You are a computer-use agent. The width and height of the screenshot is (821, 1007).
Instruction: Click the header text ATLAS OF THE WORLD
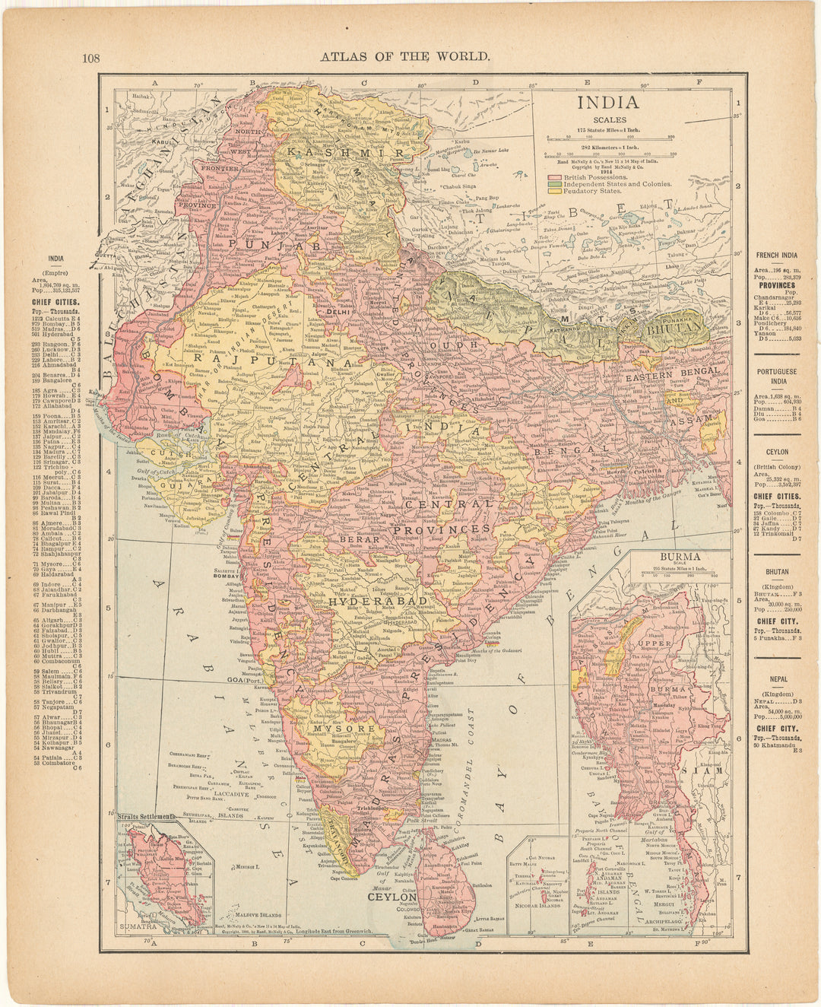(x=404, y=56)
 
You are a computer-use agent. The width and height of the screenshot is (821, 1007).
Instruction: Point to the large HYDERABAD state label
(x=368, y=601)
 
